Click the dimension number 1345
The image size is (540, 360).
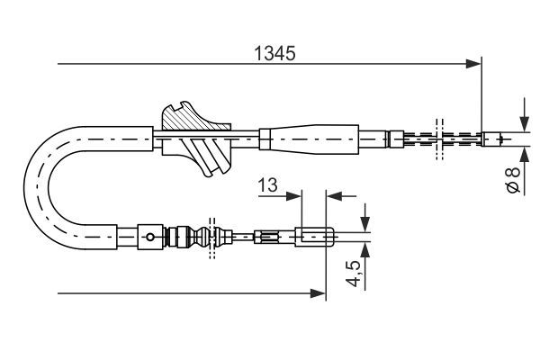270,53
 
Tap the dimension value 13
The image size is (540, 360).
267,185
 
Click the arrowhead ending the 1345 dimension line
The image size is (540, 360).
474,64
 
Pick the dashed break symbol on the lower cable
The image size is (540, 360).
212,238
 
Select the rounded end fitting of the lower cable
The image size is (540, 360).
315,238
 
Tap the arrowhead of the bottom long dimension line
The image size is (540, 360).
318,292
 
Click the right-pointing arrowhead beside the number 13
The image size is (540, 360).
294,193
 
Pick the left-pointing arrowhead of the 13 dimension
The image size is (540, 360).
333,193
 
